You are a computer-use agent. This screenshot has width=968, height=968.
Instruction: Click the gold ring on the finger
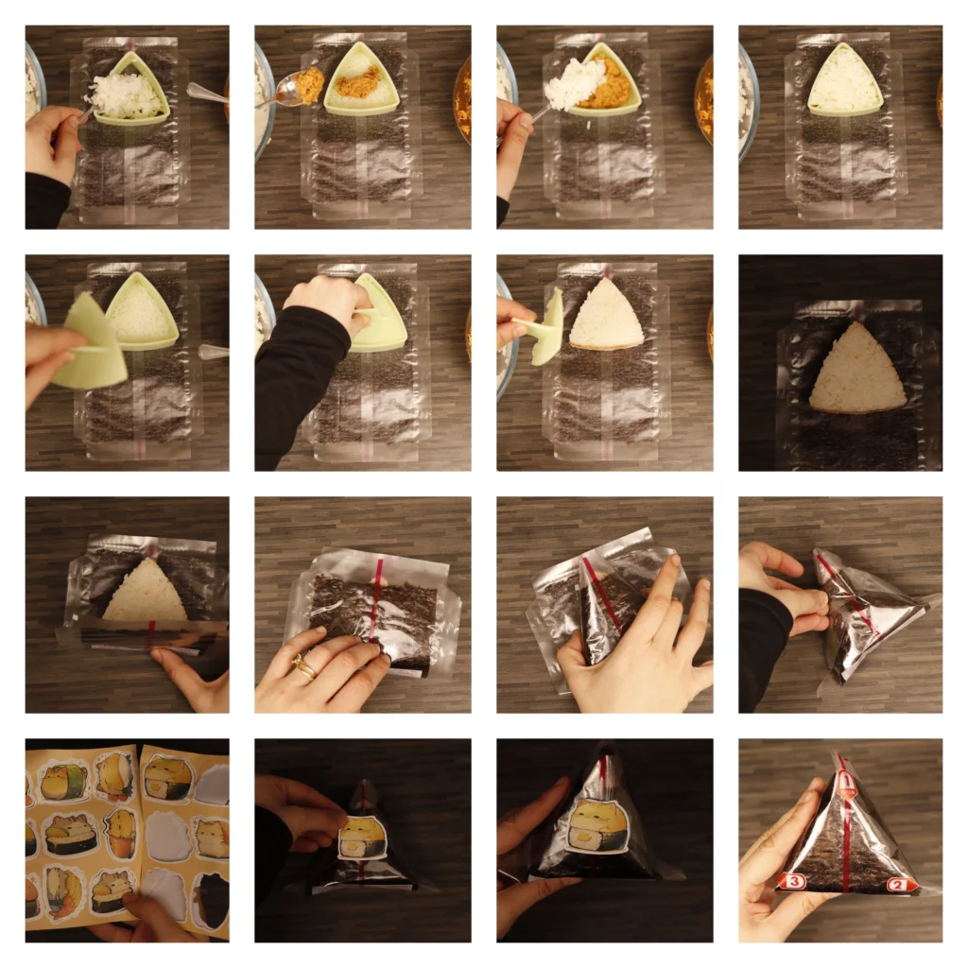coord(304,668)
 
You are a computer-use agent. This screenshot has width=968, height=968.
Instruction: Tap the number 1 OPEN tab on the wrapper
coord(847,782)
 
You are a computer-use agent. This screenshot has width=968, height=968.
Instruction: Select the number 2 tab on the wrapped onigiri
coord(900,885)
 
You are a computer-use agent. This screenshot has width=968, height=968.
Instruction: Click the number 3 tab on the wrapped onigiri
coord(792,881)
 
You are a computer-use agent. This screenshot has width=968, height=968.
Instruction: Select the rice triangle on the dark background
coord(856,373)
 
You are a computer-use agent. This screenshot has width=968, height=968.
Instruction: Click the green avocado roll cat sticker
coord(64,782)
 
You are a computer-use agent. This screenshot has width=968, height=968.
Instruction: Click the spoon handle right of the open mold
coord(214,352)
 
